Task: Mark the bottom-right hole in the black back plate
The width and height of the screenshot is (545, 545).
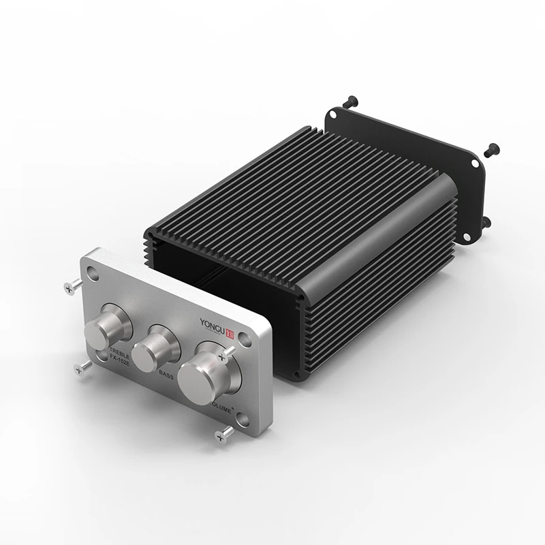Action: [471, 236]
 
